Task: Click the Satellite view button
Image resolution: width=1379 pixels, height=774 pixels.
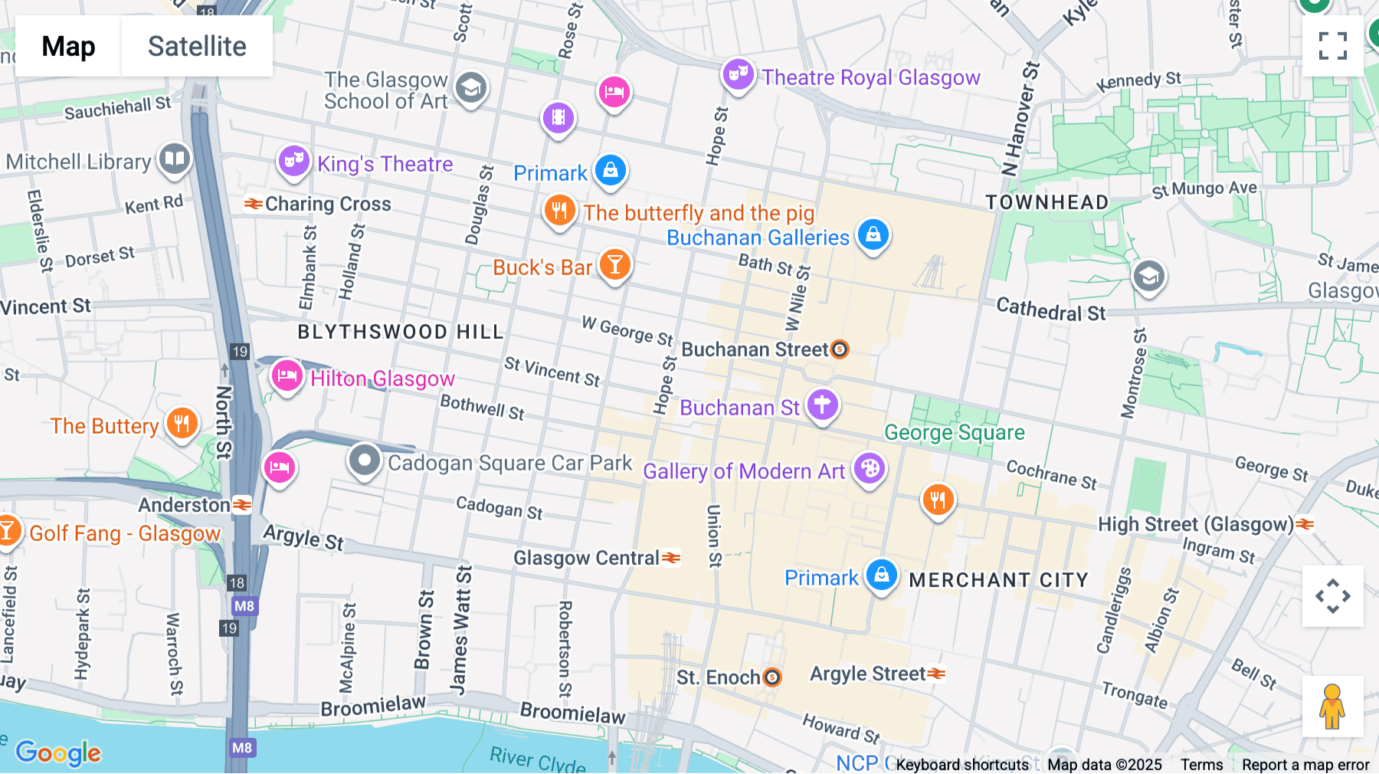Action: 197,46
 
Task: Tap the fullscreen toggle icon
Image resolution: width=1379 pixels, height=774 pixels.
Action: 1332,46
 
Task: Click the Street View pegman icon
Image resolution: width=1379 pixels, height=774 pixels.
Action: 1332,706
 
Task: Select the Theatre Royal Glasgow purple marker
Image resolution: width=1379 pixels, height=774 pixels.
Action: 739,75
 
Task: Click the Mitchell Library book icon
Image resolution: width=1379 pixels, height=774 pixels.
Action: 175,159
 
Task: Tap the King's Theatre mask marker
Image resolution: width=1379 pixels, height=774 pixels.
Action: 293,161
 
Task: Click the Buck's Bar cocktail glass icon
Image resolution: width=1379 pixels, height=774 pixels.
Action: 614,264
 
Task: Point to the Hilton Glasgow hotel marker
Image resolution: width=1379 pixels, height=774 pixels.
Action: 287,376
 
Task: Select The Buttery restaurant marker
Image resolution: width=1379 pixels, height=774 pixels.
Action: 182,422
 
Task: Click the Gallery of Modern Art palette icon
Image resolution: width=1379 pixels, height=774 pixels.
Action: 870,467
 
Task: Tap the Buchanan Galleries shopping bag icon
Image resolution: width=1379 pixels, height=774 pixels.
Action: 873,234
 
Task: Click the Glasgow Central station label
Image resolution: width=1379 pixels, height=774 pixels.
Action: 586,558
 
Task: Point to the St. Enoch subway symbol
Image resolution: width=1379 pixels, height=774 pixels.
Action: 773,677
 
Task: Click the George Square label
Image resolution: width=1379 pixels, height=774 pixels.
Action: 954,433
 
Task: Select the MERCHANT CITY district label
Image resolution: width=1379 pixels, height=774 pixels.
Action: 998,580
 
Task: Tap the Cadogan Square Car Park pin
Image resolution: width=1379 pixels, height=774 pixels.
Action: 365,461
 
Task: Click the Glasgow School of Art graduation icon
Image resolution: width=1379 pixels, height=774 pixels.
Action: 471,88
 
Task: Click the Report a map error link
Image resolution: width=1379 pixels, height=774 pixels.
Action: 1305,765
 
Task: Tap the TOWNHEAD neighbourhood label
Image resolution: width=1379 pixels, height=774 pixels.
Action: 1047,202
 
